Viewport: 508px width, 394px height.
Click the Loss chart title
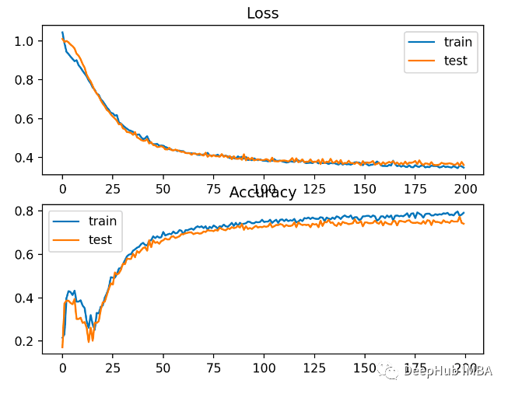click(x=262, y=13)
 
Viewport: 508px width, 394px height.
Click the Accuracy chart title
click(x=262, y=193)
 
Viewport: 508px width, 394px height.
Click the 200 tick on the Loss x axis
click(x=465, y=187)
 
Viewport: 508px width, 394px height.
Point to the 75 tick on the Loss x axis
click(x=213, y=187)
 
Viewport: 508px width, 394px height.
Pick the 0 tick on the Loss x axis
click(x=62, y=187)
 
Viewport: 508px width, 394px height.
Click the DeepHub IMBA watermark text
click(x=448, y=372)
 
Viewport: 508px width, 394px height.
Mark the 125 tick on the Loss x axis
click(x=314, y=187)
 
